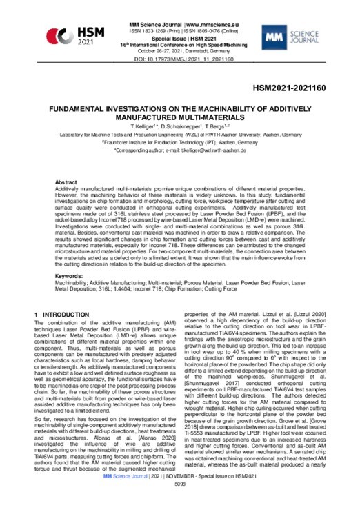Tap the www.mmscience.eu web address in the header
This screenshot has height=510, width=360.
[206, 24]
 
